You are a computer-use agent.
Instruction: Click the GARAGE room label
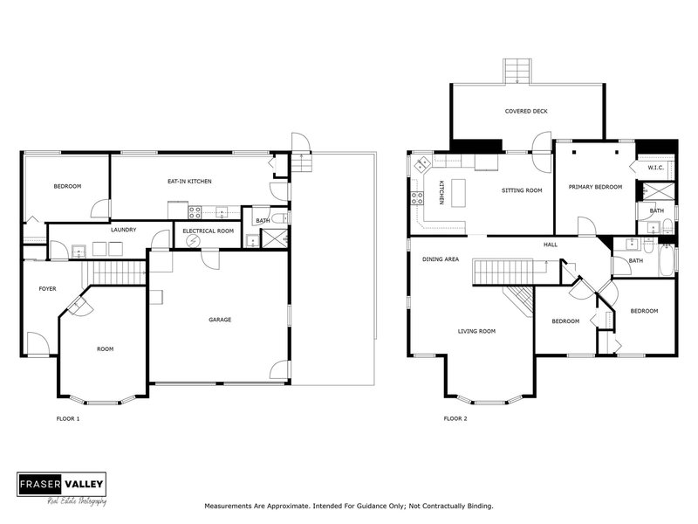click(220, 320)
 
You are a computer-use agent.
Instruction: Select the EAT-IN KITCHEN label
click(190, 181)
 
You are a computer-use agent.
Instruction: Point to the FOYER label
click(47, 288)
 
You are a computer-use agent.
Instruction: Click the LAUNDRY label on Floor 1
click(123, 230)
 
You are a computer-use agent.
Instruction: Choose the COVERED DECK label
click(526, 111)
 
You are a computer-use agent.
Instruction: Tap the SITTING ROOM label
click(522, 190)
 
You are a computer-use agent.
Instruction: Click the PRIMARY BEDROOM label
click(596, 187)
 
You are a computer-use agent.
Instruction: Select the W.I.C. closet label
click(655, 168)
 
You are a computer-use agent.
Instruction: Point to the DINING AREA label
click(441, 259)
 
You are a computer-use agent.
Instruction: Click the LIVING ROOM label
click(476, 331)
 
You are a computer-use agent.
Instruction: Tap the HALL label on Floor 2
click(551, 245)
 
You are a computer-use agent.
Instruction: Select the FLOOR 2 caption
click(455, 419)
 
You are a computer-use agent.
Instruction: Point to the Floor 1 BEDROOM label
click(67, 187)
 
